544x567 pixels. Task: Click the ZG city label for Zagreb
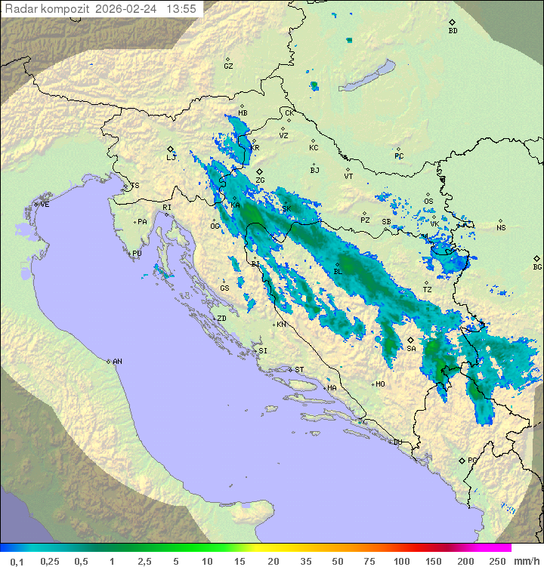click(260, 180)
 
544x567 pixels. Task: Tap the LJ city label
click(171, 158)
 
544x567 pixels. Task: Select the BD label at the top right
click(453, 31)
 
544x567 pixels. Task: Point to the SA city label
click(411, 348)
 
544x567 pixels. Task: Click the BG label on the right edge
click(537, 267)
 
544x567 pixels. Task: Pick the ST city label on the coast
click(299, 370)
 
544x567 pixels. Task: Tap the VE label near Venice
click(45, 205)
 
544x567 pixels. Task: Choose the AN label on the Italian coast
click(117, 362)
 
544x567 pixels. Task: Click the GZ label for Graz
click(228, 66)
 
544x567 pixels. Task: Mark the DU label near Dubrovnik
click(397, 442)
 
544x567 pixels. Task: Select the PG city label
click(472, 460)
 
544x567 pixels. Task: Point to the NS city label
click(501, 228)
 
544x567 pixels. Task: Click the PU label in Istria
click(137, 254)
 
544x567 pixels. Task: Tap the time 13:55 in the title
click(181, 9)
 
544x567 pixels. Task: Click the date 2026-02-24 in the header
click(129, 9)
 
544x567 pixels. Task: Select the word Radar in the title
click(22, 9)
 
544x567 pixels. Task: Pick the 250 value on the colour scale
click(496, 561)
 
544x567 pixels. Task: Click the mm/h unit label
click(526, 561)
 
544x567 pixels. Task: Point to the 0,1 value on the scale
click(17, 561)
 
